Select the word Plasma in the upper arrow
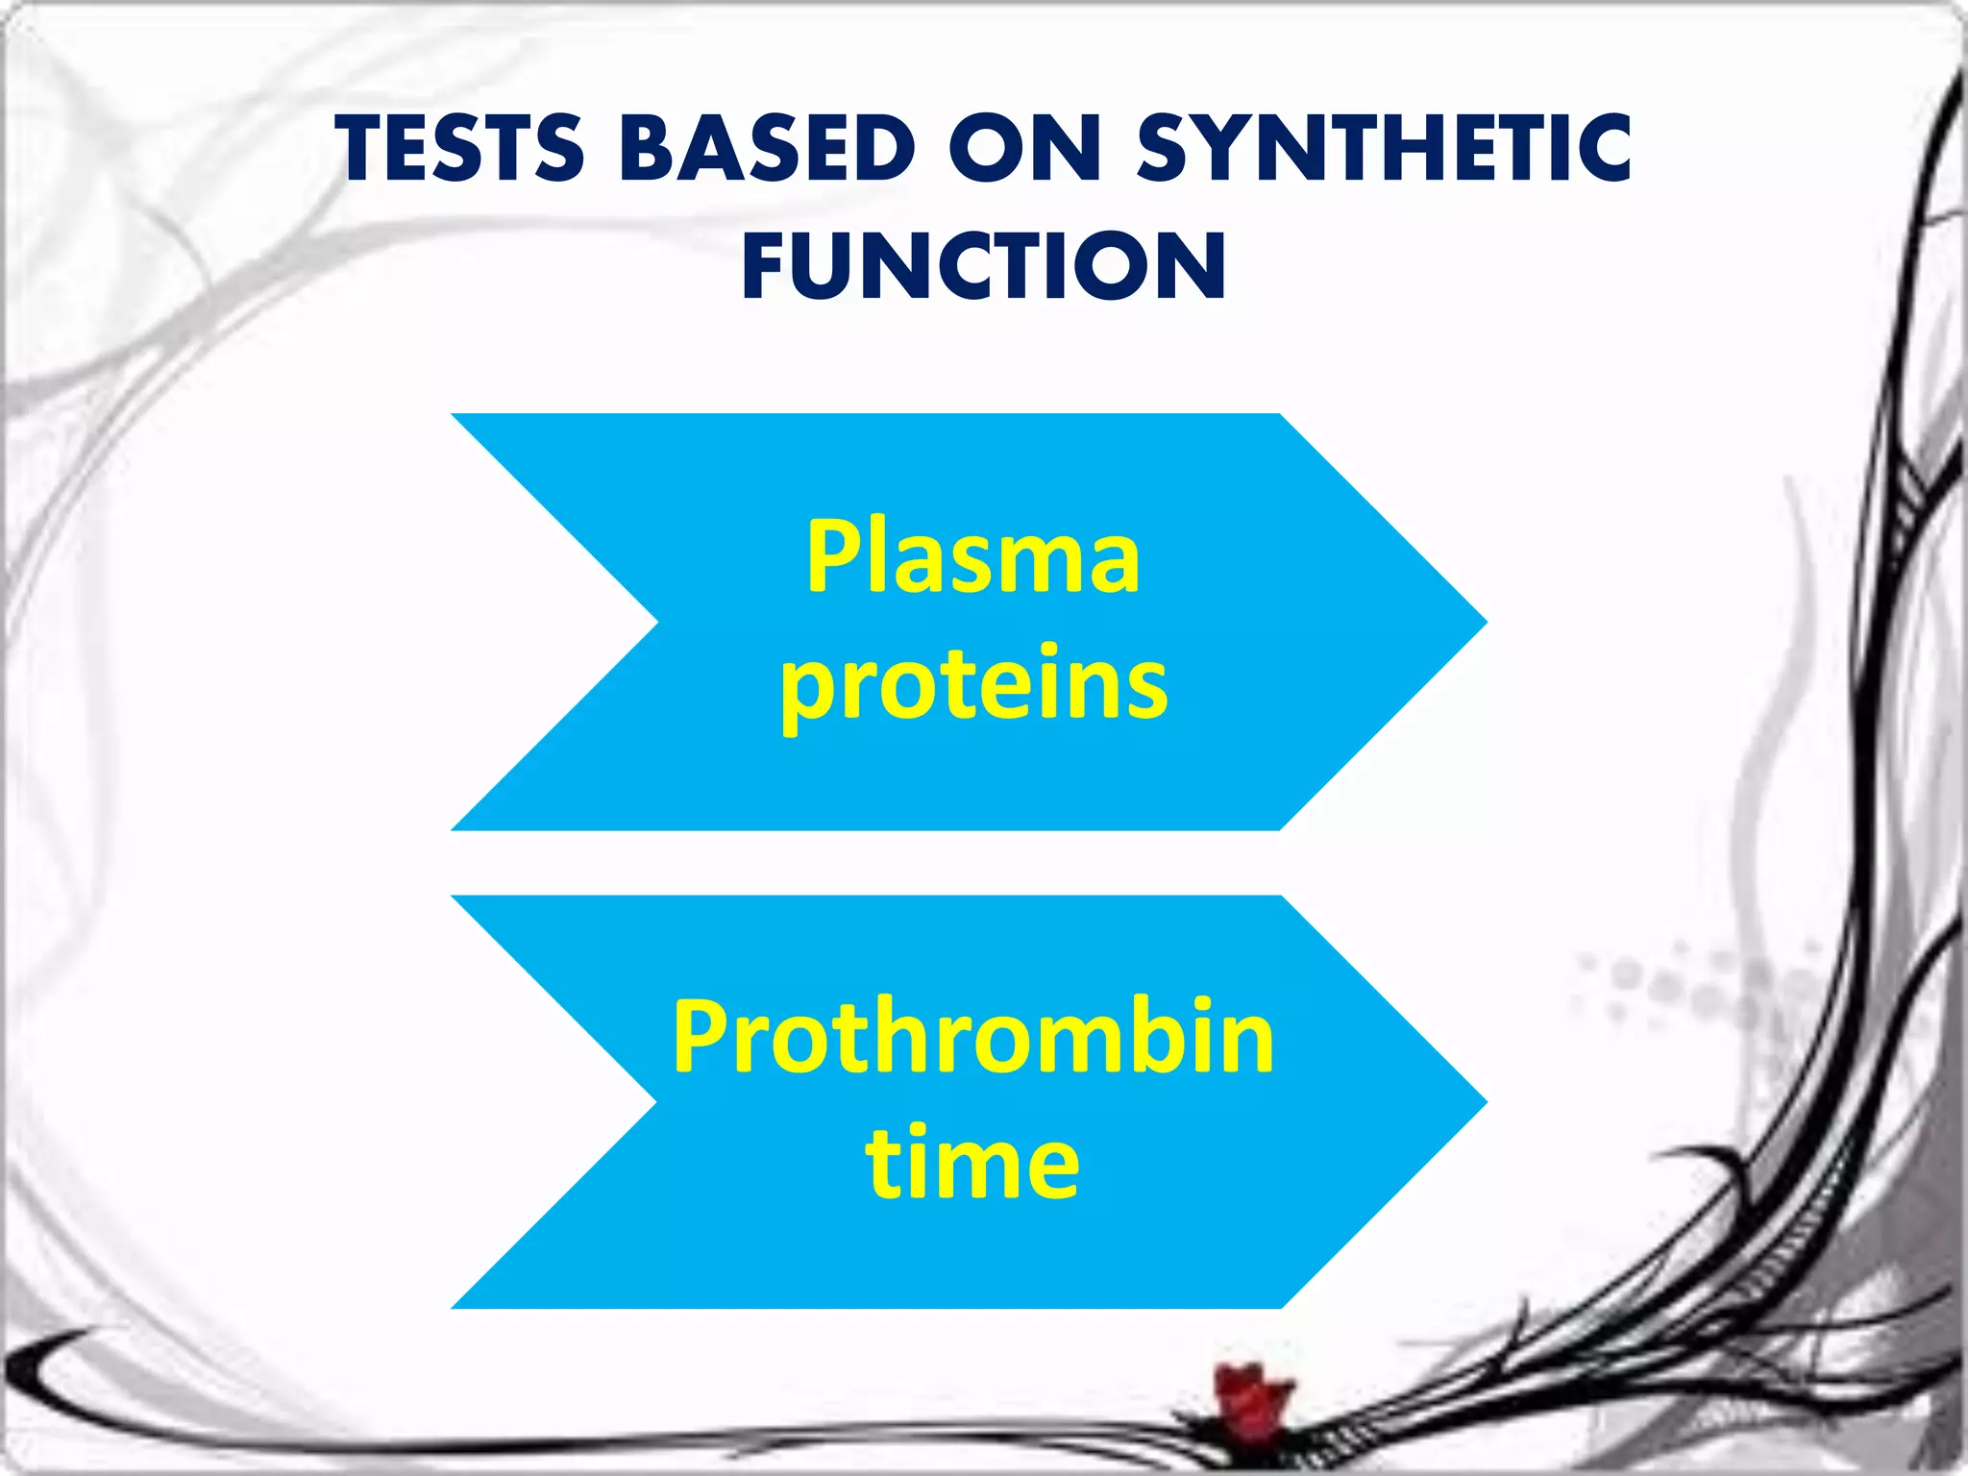point(972,557)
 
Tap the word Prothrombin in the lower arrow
point(972,1038)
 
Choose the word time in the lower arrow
point(972,1163)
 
